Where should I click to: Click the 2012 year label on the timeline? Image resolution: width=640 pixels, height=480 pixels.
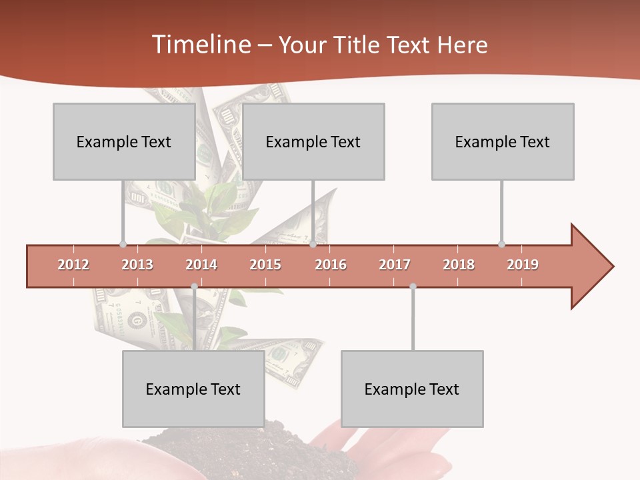[x=73, y=265]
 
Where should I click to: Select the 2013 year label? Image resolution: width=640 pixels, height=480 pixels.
[x=137, y=265]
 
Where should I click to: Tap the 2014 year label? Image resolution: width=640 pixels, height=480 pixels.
[x=201, y=265]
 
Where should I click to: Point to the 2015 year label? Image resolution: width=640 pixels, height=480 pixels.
[x=265, y=265]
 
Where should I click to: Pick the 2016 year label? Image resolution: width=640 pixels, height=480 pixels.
[x=331, y=265]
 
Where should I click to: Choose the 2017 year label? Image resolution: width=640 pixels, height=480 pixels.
[x=395, y=265]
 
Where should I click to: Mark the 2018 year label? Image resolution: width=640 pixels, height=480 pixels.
[x=459, y=265]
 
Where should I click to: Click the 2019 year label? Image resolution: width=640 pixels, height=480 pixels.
[x=523, y=265]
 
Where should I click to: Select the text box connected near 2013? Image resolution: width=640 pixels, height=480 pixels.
[x=124, y=141]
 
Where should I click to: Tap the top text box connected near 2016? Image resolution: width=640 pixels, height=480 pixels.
[x=313, y=141]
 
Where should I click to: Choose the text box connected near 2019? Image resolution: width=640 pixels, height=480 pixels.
[x=503, y=141]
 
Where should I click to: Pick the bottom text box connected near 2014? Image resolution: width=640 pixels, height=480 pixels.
[x=193, y=389]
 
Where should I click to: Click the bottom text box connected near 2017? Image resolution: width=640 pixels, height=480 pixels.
[x=412, y=389]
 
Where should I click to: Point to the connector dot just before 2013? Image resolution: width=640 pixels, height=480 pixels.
[x=123, y=244]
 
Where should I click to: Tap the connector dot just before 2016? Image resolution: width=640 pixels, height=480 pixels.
[x=313, y=244]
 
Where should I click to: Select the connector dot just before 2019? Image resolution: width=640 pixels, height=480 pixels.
[x=501, y=244]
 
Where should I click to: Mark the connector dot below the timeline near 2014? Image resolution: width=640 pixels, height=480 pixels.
[x=194, y=287]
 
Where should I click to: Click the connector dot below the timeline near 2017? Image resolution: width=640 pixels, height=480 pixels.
[x=413, y=287]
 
